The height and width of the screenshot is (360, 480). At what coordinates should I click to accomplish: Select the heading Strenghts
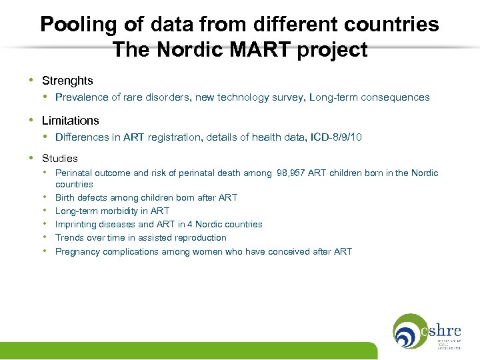tap(67, 81)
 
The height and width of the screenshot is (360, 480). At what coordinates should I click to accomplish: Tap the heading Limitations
tap(70, 121)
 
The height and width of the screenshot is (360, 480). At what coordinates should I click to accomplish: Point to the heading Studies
tap(59, 159)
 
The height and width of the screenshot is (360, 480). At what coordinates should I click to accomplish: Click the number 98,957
tap(293, 173)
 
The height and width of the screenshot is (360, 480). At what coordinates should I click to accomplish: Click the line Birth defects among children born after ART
tap(146, 197)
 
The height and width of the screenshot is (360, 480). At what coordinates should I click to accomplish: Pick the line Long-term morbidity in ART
tap(112, 211)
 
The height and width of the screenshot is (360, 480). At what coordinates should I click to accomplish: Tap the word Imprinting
tap(77, 224)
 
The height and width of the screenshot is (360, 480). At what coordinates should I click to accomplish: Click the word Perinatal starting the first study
tap(74, 173)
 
